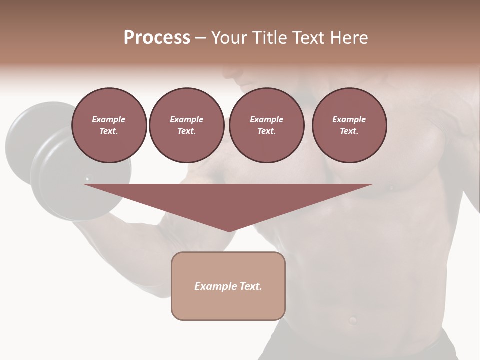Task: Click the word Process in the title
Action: point(157,38)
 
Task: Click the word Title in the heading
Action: point(268,38)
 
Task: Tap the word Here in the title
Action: point(348,38)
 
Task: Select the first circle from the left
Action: point(109,125)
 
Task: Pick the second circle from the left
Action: point(186,125)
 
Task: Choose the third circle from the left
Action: point(266,125)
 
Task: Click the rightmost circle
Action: point(349,125)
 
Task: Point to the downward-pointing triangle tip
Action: point(229,230)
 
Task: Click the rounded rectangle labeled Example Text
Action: point(228,286)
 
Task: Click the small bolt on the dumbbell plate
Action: point(87,178)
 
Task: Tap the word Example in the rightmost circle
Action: point(349,119)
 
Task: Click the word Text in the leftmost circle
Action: point(109,131)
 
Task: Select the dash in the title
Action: point(200,38)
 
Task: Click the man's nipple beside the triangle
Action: point(391,188)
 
